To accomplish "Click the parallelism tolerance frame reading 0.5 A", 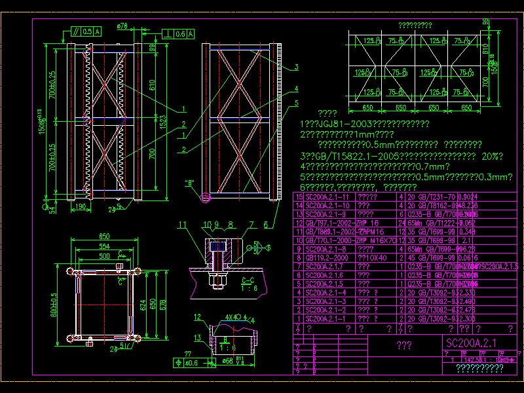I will [84, 31].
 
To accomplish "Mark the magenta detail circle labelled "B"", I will [208, 196].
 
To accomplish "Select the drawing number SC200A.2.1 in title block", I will [471, 343].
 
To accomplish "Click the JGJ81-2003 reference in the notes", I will [334, 124].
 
